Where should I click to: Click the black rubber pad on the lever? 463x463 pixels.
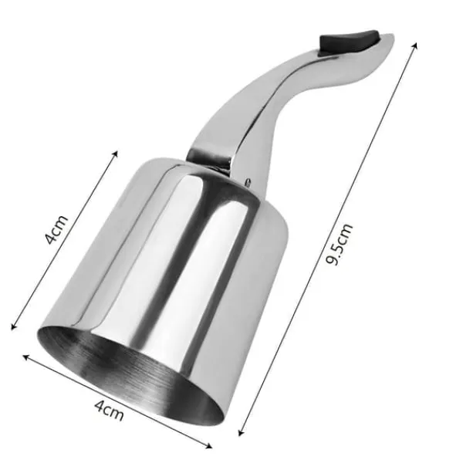point(349,42)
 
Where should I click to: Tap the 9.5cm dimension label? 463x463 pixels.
point(340,244)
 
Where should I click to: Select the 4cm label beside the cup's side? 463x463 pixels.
point(56,230)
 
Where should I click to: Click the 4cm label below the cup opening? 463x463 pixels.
point(109,411)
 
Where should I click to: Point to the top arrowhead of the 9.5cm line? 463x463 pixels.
point(415,46)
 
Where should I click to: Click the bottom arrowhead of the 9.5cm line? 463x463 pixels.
point(240,433)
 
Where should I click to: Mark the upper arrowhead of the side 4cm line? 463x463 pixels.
point(116,154)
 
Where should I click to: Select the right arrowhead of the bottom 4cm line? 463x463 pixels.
point(209,445)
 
